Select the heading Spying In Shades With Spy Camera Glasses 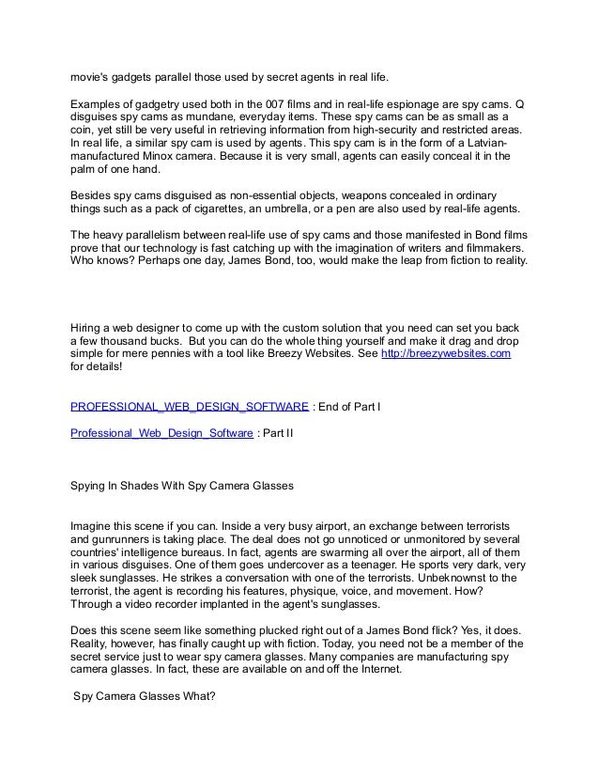(x=183, y=488)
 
